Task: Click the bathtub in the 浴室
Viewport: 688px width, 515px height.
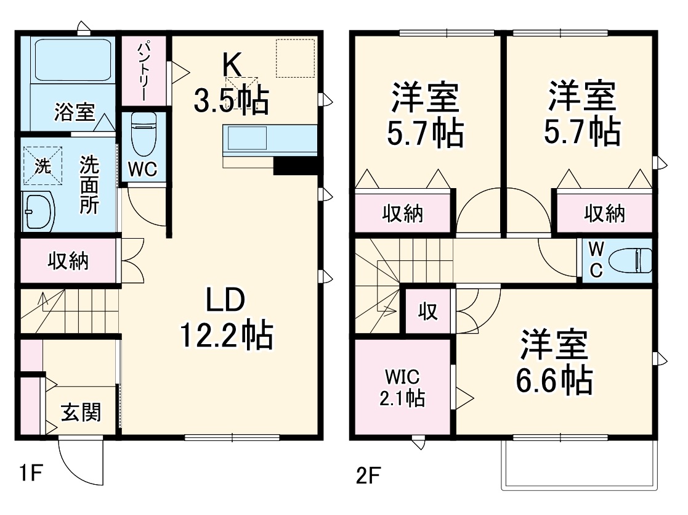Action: pyautogui.click(x=71, y=60)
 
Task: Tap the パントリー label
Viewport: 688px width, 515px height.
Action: pyautogui.click(x=143, y=72)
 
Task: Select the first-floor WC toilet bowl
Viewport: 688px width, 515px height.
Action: pyautogui.click(x=142, y=136)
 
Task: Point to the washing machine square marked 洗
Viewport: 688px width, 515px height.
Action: pyautogui.click(x=43, y=165)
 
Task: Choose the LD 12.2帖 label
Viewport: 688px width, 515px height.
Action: pyautogui.click(x=226, y=318)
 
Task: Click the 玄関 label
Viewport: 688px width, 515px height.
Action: pyautogui.click(x=80, y=412)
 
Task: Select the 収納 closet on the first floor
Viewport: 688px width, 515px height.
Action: pyautogui.click(x=68, y=261)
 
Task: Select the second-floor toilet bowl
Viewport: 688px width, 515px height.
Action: pyautogui.click(x=634, y=260)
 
